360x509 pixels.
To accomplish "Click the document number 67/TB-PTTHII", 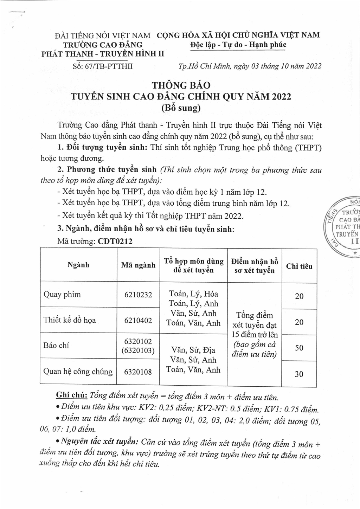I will [x=102, y=66].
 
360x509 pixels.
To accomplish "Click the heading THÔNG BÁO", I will [x=181, y=85].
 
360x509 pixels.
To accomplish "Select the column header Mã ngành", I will [x=138, y=265].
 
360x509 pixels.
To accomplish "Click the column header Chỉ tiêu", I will [x=299, y=266].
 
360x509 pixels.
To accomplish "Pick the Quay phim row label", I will [x=62, y=295].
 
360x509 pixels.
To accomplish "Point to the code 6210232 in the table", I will [x=138, y=295].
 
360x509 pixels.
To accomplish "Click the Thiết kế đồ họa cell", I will [x=70, y=320].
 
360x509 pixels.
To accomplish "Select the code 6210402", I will [x=138, y=320].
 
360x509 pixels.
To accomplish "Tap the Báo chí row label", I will [x=56, y=345].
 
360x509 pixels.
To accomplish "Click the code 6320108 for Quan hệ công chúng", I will [x=138, y=372].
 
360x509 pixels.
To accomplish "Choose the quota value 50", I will [x=299, y=348].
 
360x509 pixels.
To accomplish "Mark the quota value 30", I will [x=299, y=374].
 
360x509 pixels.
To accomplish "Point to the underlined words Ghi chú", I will [x=72, y=395].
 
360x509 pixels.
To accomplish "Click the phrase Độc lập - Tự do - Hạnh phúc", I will [x=238, y=45].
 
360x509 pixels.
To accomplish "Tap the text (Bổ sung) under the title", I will [x=181, y=108].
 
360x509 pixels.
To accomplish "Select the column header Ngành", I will [x=78, y=265].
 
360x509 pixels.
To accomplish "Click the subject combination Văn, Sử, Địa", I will [x=193, y=350].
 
